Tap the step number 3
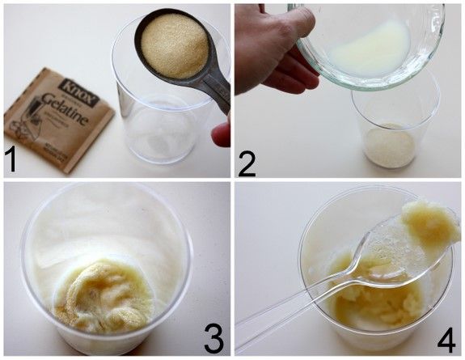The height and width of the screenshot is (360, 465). pos(213,338)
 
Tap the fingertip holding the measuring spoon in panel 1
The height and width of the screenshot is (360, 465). pos(220,133)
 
